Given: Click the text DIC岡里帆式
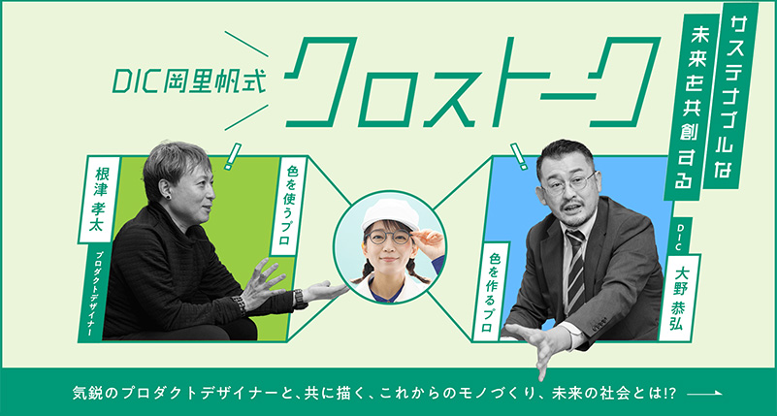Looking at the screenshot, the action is [x=189, y=82].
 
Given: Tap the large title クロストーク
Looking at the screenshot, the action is [x=472, y=81].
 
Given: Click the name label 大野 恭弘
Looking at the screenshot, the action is [x=681, y=297].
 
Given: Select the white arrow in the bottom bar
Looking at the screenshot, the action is [x=705, y=394].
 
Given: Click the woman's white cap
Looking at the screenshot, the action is [x=391, y=214].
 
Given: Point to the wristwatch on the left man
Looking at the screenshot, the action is [x=300, y=299].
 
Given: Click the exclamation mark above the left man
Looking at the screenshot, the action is [x=232, y=156].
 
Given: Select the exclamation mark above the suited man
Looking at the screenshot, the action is [x=519, y=156].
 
